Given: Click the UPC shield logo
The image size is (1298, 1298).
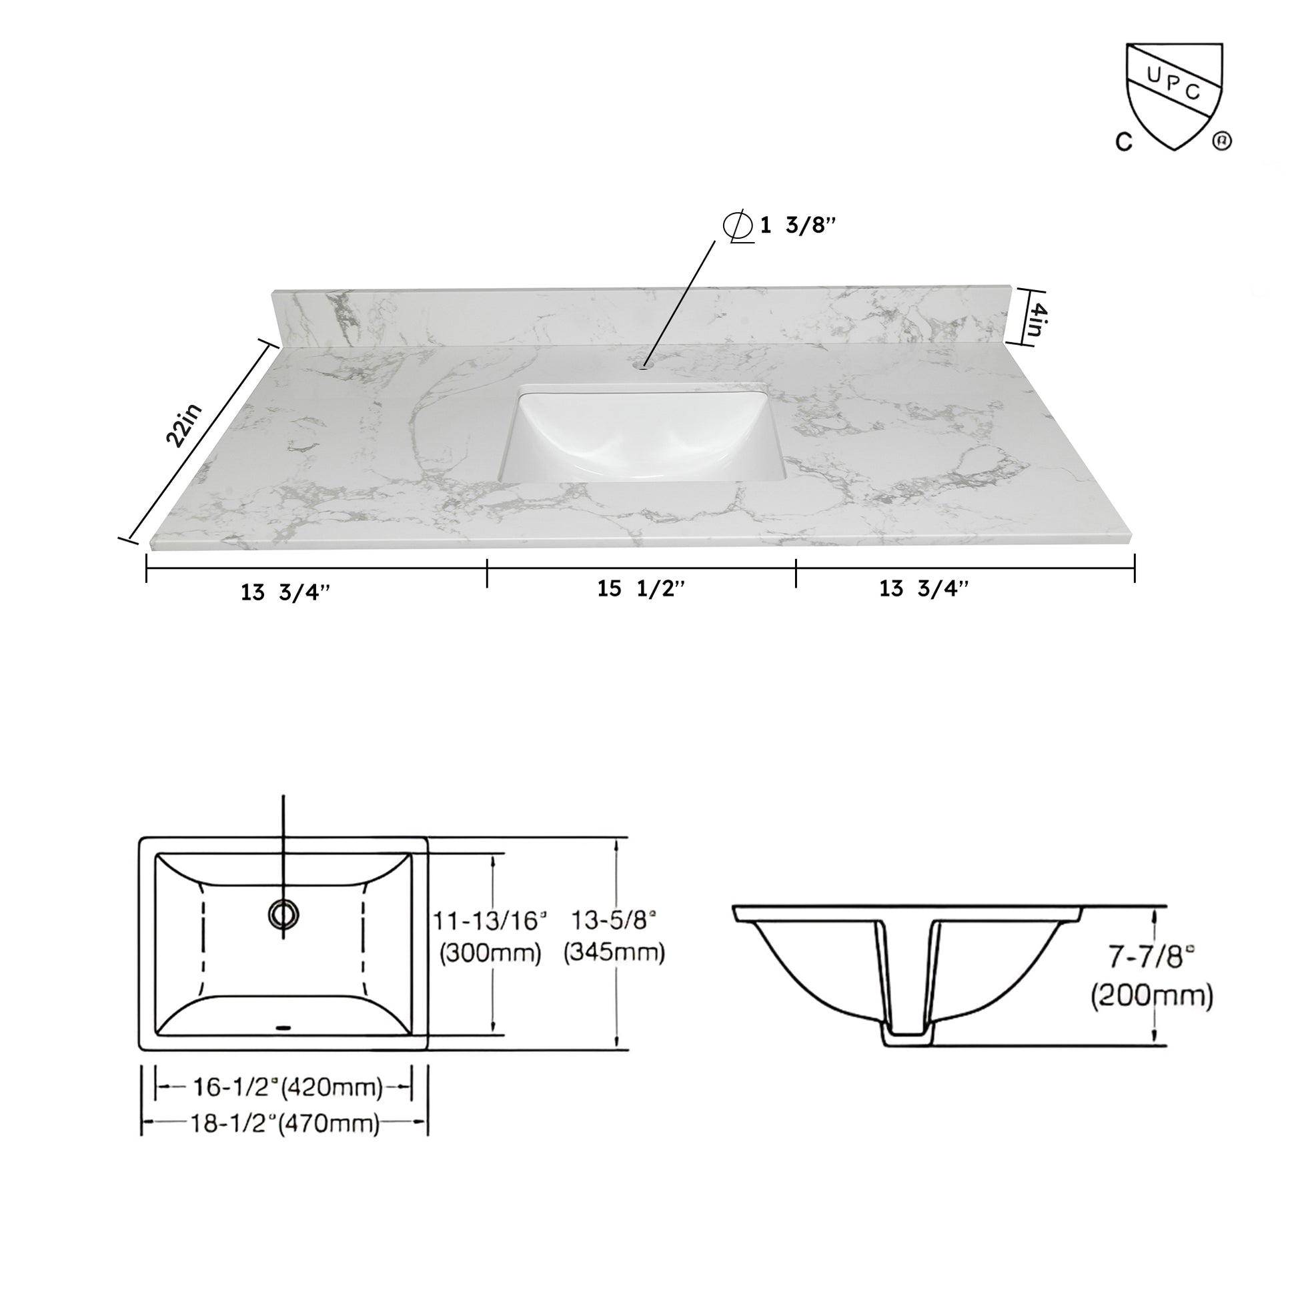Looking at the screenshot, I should coord(1175,94).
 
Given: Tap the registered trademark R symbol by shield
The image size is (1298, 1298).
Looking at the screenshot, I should coord(1221,141).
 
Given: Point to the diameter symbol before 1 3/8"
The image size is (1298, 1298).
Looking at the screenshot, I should coord(738,226).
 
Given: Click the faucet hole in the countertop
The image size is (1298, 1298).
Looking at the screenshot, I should coord(644,366).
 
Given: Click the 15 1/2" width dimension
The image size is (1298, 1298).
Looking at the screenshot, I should coord(641,588).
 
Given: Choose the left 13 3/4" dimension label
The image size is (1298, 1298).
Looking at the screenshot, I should coord(285,592).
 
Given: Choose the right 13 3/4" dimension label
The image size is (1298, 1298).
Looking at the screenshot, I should coord(924,588).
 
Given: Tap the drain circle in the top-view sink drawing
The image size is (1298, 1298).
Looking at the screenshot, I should coord(283,914).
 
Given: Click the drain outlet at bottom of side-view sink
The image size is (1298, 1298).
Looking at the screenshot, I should coord(908,1040).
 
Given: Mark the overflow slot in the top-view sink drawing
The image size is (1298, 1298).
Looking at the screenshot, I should coord(283,1027).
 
